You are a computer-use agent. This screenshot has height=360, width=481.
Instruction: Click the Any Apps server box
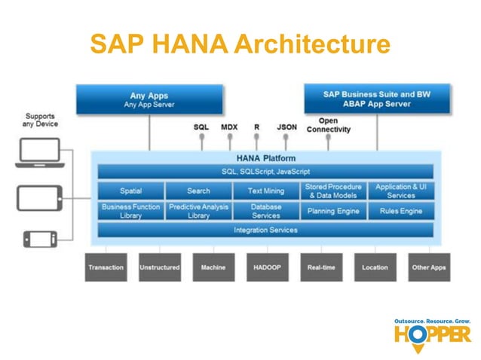pos(149,100)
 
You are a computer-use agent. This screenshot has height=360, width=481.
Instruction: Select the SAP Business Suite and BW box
pos(376,99)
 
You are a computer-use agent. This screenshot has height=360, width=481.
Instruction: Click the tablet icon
pos(38,198)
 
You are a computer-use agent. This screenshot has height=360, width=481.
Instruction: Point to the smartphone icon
pos(38,238)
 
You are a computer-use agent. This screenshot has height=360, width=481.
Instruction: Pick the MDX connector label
pos(229,127)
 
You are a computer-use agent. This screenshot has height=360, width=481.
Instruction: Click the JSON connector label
pos(286,127)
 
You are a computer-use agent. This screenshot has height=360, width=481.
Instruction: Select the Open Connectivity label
pos(328,125)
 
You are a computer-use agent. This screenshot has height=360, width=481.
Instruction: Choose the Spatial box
pos(130,191)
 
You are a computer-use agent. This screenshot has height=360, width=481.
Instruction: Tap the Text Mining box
pos(265,191)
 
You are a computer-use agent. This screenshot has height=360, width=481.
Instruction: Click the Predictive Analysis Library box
pos(198,211)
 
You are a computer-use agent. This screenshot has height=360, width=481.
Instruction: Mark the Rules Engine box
pos(400,211)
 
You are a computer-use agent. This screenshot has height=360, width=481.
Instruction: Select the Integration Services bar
pos(265,230)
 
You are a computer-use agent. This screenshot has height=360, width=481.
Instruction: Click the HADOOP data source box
pos(268,267)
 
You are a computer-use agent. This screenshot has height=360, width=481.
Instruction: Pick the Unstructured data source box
pos(160,267)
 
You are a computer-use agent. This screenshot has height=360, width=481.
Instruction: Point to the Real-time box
pos(322,267)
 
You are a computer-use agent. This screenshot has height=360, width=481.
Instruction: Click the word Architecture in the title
pos(311,44)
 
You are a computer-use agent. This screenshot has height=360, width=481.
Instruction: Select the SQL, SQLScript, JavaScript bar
pos(265,172)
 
